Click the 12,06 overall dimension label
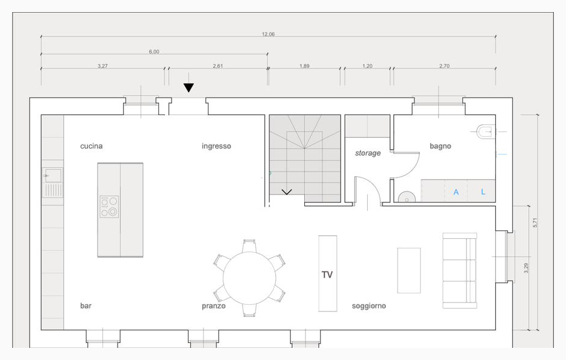click(x=268, y=35)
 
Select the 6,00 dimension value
click(x=154, y=52)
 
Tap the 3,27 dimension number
click(x=102, y=66)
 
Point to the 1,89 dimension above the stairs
click(x=304, y=66)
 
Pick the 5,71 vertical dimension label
click(x=535, y=222)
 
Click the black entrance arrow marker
click(x=188, y=88)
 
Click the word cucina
click(x=92, y=146)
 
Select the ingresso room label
click(x=216, y=146)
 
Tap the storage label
click(x=368, y=153)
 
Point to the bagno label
click(x=441, y=146)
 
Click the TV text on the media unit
click(x=327, y=275)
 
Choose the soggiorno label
click(x=369, y=306)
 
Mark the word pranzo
click(x=214, y=306)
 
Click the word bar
click(x=86, y=305)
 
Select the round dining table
click(x=250, y=278)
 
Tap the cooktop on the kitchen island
click(x=109, y=207)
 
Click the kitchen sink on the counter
click(x=53, y=176)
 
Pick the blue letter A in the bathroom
click(x=456, y=192)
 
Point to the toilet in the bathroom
click(x=485, y=132)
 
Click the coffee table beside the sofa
click(x=409, y=270)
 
